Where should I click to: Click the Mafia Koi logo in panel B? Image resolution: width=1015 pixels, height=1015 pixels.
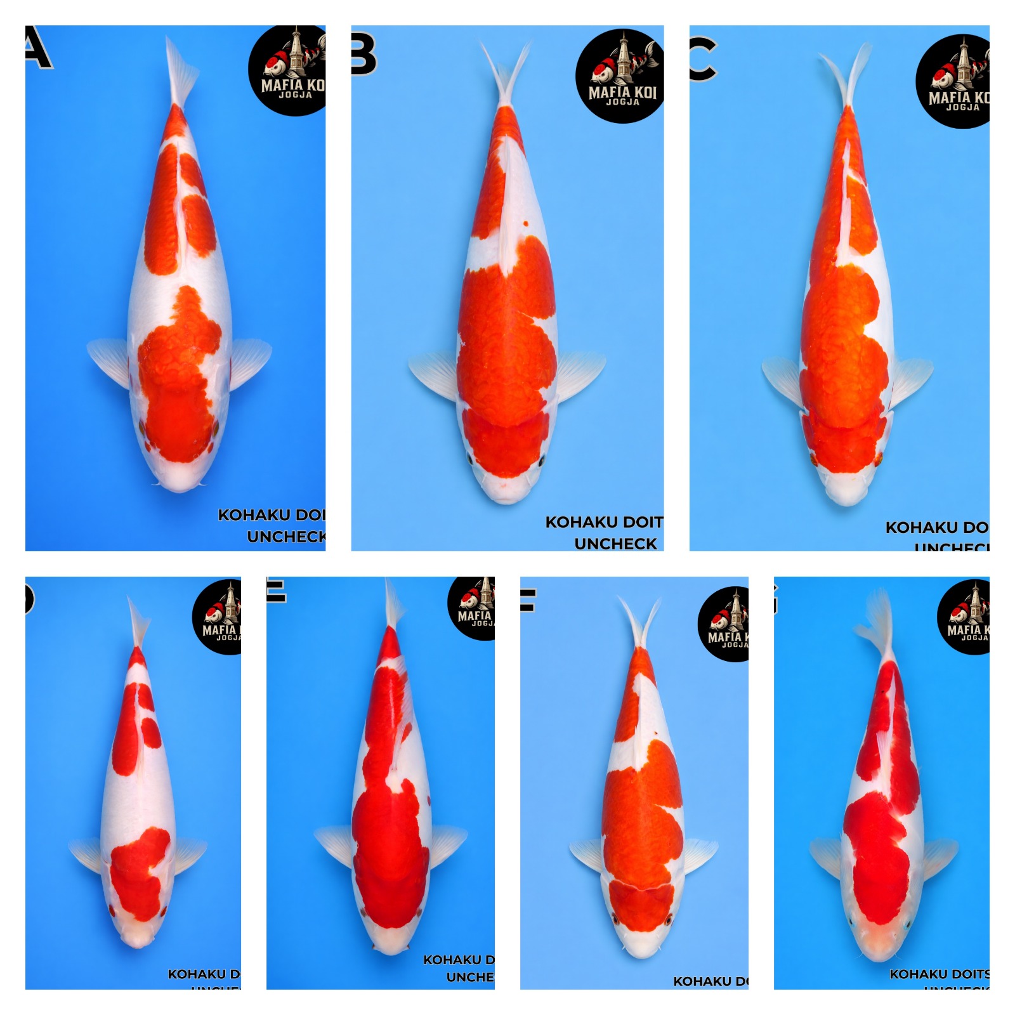tap(620, 75)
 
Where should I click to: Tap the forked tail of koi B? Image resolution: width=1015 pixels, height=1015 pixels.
tap(505, 73)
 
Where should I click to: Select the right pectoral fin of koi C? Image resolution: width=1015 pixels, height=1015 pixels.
tap(911, 381)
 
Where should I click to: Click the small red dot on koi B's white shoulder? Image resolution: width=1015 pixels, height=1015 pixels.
tap(525, 224)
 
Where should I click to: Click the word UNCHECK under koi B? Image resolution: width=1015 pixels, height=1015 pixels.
tap(615, 544)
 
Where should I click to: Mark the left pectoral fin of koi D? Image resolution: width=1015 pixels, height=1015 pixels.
tap(87, 853)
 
